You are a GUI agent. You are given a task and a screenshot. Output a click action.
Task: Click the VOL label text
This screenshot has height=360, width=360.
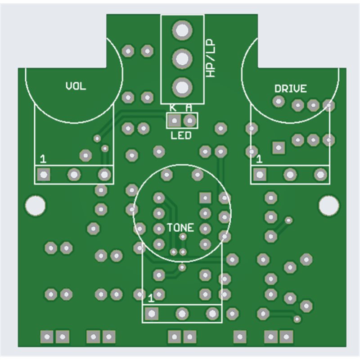[76, 86]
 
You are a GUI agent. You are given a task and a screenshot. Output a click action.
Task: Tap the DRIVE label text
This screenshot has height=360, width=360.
[291, 89]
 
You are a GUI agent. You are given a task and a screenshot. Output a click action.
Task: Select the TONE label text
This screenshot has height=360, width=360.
[180, 227]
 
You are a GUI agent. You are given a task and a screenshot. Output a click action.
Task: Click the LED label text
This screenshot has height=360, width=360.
[180, 135]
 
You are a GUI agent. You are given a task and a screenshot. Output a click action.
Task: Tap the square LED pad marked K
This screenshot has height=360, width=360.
[174, 121]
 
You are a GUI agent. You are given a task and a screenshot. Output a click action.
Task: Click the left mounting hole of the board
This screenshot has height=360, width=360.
[35, 205]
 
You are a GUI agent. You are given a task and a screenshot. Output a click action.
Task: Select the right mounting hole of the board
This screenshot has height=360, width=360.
[328, 205]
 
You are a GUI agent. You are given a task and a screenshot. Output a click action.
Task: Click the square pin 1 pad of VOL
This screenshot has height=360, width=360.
[44, 174]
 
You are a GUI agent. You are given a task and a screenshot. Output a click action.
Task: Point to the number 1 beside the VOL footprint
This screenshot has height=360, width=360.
[42, 158]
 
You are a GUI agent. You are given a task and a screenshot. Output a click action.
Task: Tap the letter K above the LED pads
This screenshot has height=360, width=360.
[173, 108]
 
